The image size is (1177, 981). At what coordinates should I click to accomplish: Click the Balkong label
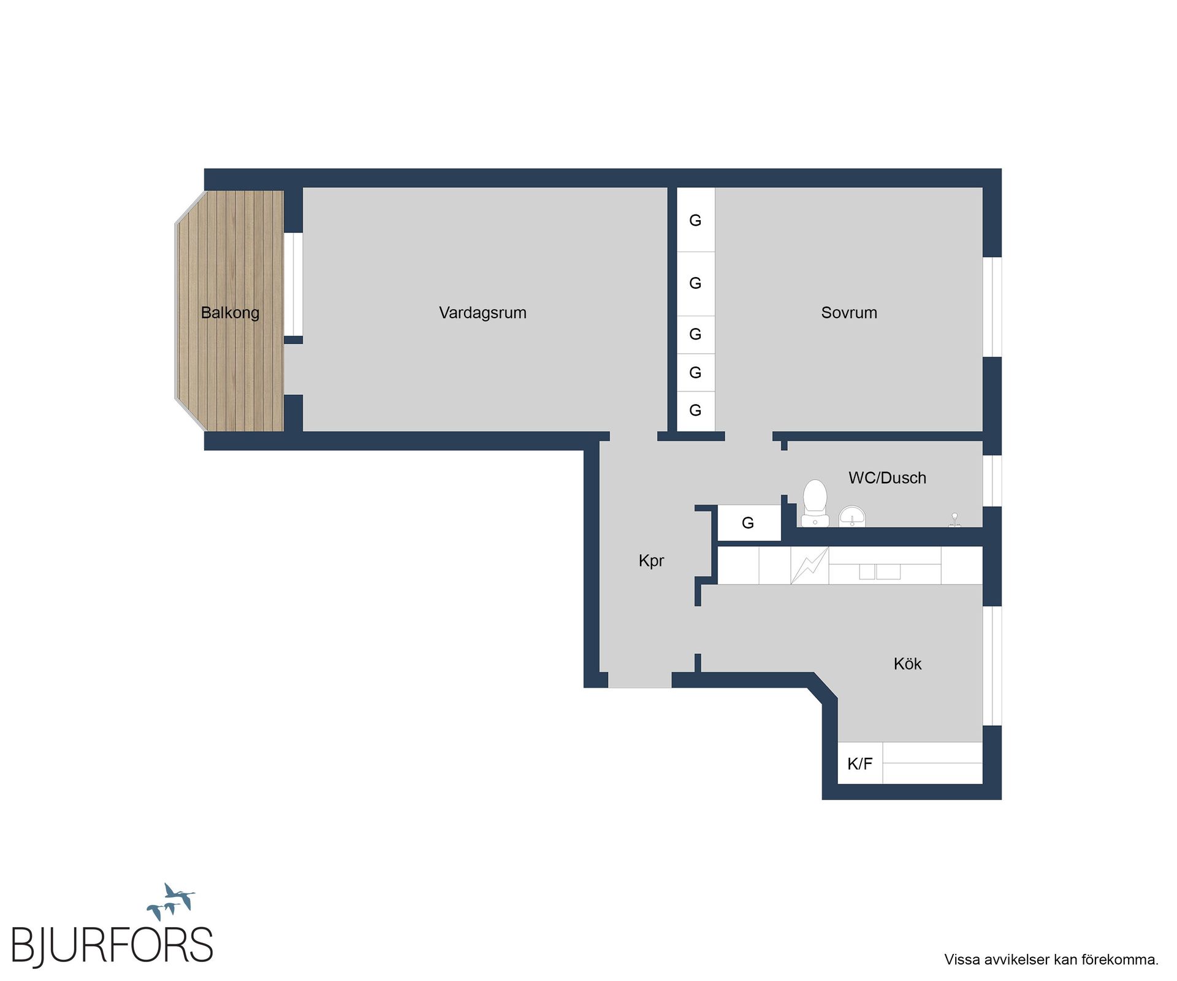pyautogui.click(x=230, y=313)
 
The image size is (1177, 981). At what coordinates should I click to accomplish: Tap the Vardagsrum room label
pyautogui.click(x=482, y=313)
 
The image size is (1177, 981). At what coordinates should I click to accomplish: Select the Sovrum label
pyautogui.click(x=849, y=313)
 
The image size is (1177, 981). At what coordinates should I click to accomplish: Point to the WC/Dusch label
pyautogui.click(x=887, y=478)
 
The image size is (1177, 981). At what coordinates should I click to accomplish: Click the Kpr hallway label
pyautogui.click(x=651, y=561)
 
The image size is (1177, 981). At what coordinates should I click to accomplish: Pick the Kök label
pyautogui.click(x=907, y=663)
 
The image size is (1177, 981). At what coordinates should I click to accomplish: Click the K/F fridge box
pyautogui.click(x=860, y=763)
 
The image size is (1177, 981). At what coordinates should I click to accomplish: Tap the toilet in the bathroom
pyautogui.click(x=815, y=503)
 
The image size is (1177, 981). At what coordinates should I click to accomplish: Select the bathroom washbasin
pyautogui.click(x=852, y=516)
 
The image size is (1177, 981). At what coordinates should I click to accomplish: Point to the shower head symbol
pyautogui.click(x=954, y=520)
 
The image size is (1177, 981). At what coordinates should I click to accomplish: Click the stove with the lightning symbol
pyautogui.click(x=810, y=565)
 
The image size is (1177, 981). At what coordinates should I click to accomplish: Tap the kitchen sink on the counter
pyautogui.click(x=880, y=571)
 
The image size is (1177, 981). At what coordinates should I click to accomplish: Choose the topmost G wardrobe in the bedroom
pyautogui.click(x=696, y=219)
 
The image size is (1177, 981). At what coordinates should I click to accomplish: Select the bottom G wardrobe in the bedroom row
pyautogui.click(x=696, y=411)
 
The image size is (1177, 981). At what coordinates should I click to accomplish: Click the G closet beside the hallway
pyautogui.click(x=748, y=523)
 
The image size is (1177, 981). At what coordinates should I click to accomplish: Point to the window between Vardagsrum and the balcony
pyautogui.click(x=293, y=284)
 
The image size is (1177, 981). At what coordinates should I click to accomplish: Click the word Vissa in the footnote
pyautogui.click(x=962, y=960)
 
